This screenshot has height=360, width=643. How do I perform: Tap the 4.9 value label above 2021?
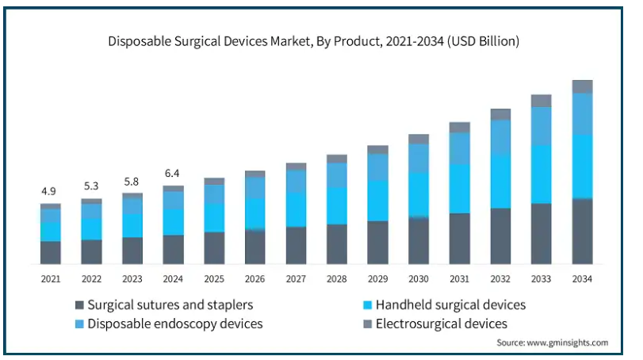(50, 192)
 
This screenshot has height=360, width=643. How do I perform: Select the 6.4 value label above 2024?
(173, 174)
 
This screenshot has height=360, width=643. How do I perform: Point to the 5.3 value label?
(91, 187)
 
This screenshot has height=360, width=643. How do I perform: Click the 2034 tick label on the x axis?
(582, 279)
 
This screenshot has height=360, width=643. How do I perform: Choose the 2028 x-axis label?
(336, 279)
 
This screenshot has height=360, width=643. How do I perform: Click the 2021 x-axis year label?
(50, 279)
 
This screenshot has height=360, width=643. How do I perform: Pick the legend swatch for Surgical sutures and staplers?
(79, 305)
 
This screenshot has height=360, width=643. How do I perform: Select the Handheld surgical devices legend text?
(450, 305)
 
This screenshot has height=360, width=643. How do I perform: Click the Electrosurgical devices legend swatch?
(366, 324)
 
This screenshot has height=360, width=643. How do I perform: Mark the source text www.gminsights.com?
(553, 343)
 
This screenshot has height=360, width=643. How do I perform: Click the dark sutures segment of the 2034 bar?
(582, 231)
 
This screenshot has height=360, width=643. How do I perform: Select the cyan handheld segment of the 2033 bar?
(542, 174)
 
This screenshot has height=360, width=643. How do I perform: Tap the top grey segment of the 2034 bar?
(582, 86)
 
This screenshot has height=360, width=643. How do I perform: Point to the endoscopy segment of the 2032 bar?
(500, 136)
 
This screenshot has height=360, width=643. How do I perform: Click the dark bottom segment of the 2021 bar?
(50, 252)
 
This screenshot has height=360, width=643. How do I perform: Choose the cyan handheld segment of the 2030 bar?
(419, 195)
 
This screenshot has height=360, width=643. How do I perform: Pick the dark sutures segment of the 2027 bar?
(296, 245)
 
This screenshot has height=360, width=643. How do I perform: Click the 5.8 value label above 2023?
(132, 182)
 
